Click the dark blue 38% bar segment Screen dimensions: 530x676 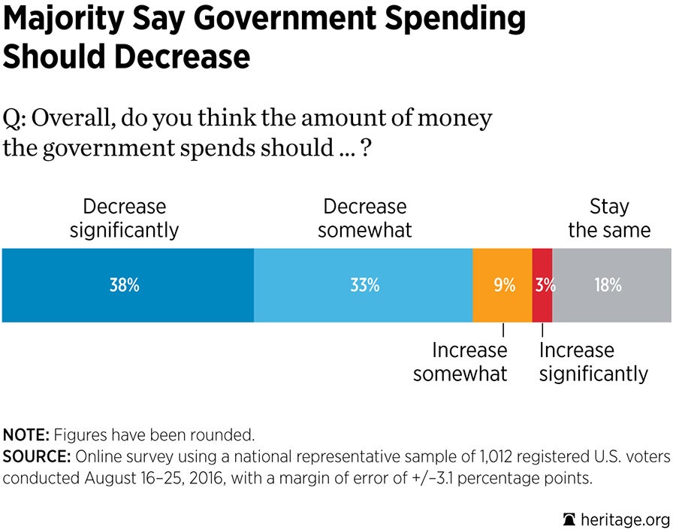click(128, 286)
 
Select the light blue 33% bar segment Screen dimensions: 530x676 click(364, 286)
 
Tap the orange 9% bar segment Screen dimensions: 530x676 click(502, 286)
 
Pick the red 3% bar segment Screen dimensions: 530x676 click(542, 286)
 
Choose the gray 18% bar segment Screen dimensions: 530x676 click(611, 286)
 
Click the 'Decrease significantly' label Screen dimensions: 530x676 click(124, 218)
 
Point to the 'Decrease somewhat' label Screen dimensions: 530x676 click(365, 218)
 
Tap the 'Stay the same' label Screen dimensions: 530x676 click(609, 218)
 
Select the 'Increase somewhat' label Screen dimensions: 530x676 click(460, 362)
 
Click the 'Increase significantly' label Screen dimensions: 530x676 click(593, 362)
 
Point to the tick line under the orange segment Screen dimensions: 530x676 click(503, 330)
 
